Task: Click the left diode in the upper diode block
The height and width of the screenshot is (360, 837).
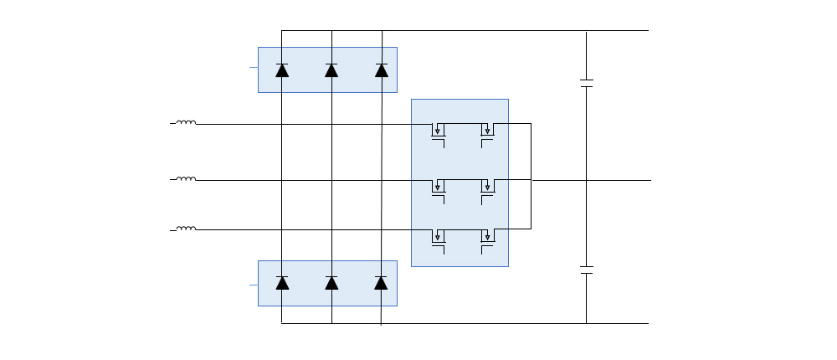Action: pyautogui.click(x=282, y=70)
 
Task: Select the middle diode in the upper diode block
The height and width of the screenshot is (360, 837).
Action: pyautogui.click(x=331, y=70)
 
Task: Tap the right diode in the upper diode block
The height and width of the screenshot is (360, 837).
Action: pyautogui.click(x=382, y=70)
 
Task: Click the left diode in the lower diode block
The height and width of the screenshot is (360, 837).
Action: pyautogui.click(x=282, y=283)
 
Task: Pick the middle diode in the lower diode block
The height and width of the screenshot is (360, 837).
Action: pyautogui.click(x=331, y=283)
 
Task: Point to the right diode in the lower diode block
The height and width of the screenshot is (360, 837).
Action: pyautogui.click(x=381, y=283)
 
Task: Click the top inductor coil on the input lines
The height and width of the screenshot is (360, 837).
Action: pyautogui.click(x=186, y=123)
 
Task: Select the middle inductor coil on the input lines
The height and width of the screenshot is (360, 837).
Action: pyautogui.click(x=186, y=179)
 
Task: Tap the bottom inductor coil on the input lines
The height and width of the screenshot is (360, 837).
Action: pyautogui.click(x=186, y=229)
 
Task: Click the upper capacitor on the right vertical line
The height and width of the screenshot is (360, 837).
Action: pyautogui.click(x=586, y=84)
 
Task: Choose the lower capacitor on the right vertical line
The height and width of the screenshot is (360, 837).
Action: pyautogui.click(x=586, y=270)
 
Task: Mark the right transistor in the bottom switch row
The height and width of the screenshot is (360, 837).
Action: pyautogui.click(x=488, y=239)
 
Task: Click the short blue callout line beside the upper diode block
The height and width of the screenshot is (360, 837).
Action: pyautogui.click(x=254, y=66)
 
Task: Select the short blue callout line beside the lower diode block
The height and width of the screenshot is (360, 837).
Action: pyautogui.click(x=254, y=285)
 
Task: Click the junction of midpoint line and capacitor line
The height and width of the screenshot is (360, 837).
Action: pyautogui.click(x=586, y=180)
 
